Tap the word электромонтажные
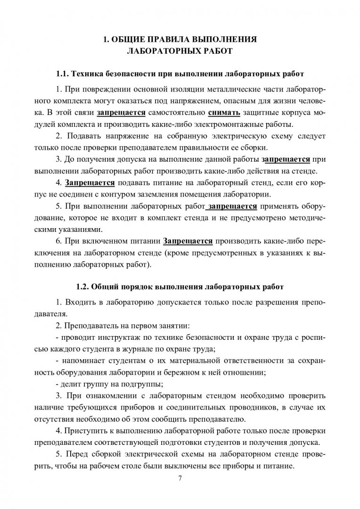(x=236, y=124)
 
